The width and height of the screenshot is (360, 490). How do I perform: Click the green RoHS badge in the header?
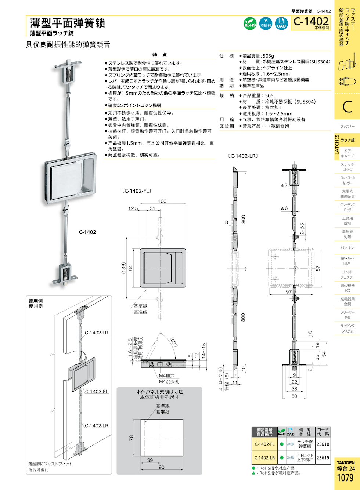pos(250,23)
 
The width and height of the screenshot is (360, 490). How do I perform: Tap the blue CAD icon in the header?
pos(281,23)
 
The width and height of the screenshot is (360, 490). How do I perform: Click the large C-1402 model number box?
pos(311,22)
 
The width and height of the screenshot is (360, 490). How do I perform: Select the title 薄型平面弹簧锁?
pos(68,23)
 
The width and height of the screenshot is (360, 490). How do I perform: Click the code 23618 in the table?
pos(323,444)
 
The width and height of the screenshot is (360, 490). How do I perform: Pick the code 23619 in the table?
pos(323,458)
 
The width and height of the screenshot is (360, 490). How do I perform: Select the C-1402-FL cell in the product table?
pos(264,444)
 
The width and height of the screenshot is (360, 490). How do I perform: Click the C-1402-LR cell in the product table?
pos(264,458)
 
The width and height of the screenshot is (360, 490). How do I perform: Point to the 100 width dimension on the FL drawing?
pos(162,201)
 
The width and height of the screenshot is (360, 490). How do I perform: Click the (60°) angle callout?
pos(174,342)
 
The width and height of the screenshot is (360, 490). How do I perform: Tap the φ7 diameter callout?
pos(284,185)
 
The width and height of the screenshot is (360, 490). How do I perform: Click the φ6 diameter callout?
pos(284,208)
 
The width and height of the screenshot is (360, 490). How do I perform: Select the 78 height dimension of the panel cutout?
pos(131,438)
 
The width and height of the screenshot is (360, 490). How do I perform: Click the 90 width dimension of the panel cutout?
pos(162,467)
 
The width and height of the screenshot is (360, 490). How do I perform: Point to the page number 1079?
pos(345,478)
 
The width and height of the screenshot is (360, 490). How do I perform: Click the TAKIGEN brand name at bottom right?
pos(346,462)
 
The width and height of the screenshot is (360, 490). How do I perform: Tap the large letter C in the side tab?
pos(347,107)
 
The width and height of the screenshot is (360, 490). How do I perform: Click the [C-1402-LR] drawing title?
pos(243,156)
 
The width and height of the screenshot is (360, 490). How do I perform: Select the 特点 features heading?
pos(159,55)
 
